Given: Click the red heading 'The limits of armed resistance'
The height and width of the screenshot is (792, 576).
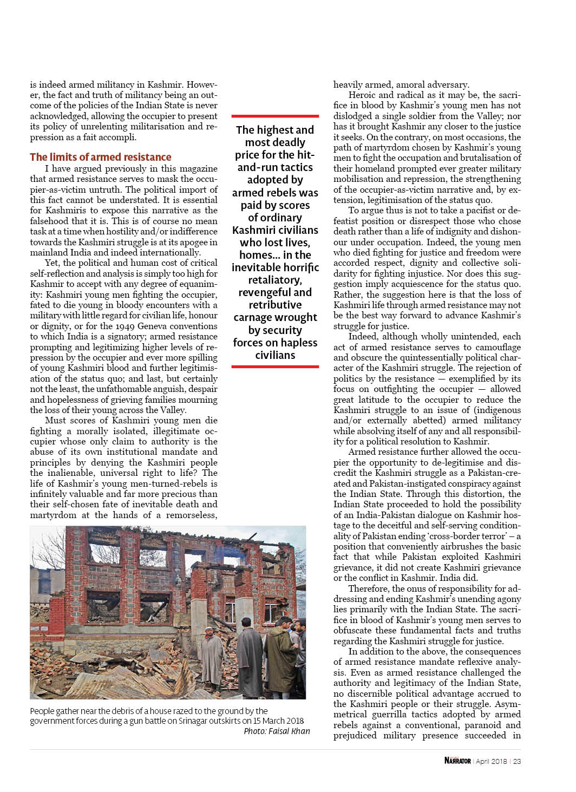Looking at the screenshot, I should point(101,157).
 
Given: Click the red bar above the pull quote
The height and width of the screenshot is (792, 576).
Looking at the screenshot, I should point(275,116).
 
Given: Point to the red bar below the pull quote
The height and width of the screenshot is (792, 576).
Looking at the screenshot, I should point(275,366).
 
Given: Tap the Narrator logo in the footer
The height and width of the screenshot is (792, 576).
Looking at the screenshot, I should point(457,761).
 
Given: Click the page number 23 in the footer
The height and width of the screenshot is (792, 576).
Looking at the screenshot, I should point(517,761).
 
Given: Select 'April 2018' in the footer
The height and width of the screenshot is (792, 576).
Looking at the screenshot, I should point(491,761).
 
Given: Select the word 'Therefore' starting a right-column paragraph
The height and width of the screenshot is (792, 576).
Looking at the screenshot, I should point(368,588).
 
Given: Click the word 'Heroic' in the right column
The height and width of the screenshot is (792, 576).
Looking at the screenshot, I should point(363,95).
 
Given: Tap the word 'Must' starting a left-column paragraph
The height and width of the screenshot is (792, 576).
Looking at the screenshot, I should point(55,421).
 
